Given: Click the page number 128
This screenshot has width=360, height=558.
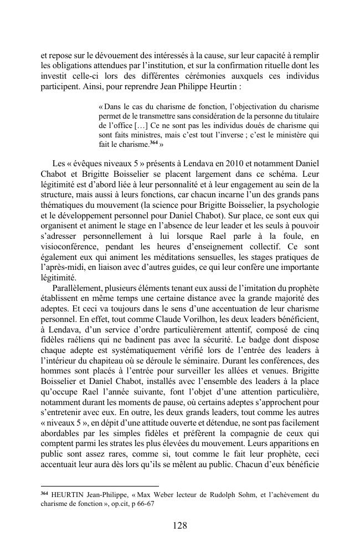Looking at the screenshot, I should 179,526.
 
